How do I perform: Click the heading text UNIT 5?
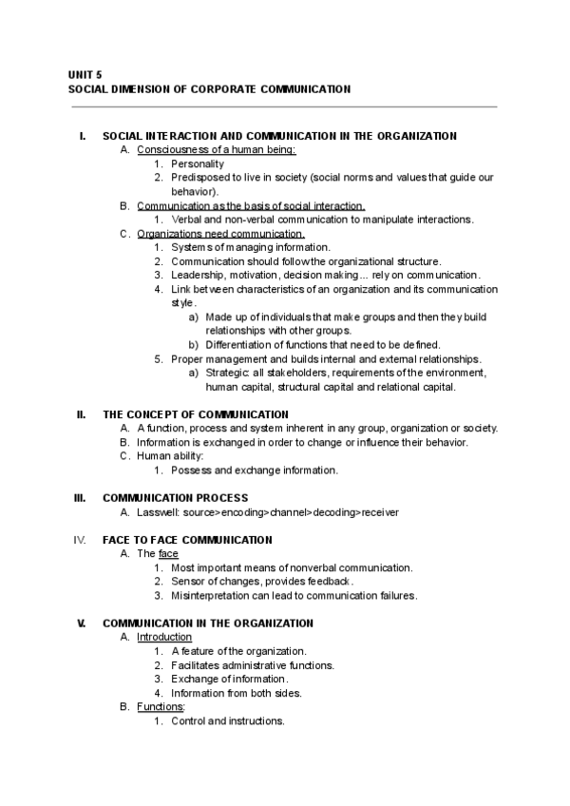pyautogui.click(x=85, y=73)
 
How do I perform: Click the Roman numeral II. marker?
pyautogui.click(x=81, y=414)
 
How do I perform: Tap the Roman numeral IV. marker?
pyautogui.click(x=80, y=539)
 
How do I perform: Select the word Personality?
pyautogui.click(x=198, y=163)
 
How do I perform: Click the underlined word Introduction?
pyautogui.click(x=164, y=637)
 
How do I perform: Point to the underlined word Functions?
pyautogui.click(x=161, y=707)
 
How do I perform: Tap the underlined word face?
pyautogui.click(x=168, y=553)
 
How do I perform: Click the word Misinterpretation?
pyautogui.click(x=215, y=596)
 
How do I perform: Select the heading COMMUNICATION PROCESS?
pyautogui.click(x=175, y=498)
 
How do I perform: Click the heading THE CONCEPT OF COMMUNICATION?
pyautogui.click(x=195, y=414)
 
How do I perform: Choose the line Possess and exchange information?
pyautogui.click(x=255, y=470)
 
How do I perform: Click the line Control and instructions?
pyautogui.click(x=228, y=721)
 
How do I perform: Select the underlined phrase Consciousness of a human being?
pyautogui.click(x=216, y=149)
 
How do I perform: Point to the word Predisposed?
pyautogui.click(x=200, y=177)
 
